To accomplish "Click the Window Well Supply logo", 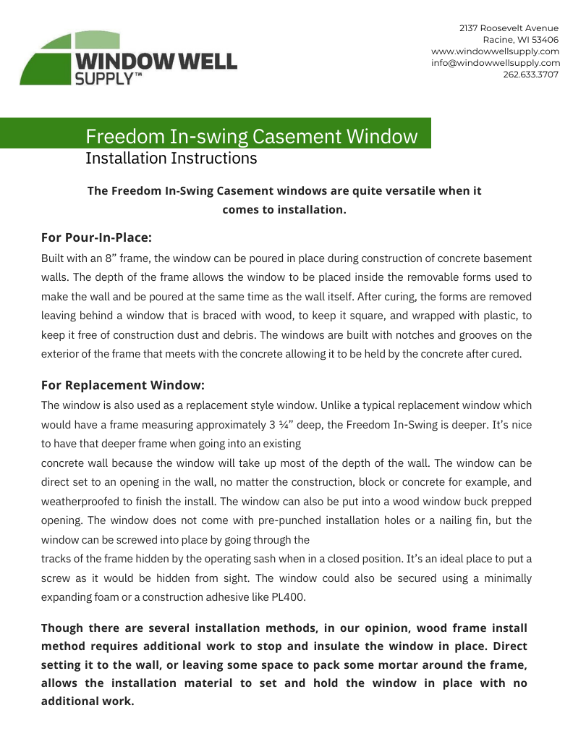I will [127, 59].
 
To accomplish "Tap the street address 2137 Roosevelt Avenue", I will [509, 28].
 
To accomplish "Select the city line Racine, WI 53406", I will [520, 40].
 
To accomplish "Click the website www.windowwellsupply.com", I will [495, 51].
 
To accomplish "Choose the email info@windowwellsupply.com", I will [495, 63].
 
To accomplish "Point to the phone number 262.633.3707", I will [530, 75].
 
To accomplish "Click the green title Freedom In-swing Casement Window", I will [251, 136].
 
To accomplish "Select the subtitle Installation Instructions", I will [171, 158].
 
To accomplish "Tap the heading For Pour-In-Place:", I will [96, 237].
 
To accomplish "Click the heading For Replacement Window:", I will [123, 384].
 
